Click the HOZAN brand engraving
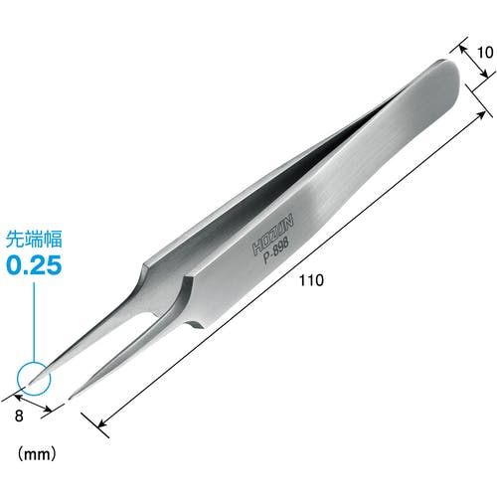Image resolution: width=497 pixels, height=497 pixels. pyautogui.click(x=273, y=235)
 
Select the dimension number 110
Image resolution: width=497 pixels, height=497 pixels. pyautogui.click(x=311, y=280)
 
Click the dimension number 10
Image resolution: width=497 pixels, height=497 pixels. pyautogui.click(x=485, y=53)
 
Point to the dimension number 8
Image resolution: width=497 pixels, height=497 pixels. pyautogui.click(x=19, y=415)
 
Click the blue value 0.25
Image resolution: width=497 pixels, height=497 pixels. pyautogui.click(x=34, y=265)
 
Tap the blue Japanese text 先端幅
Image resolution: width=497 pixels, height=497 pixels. pyautogui.click(x=34, y=240)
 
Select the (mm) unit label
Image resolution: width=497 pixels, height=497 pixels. pyautogui.click(x=37, y=454)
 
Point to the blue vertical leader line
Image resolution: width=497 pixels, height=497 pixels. pyautogui.click(x=34, y=322)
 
